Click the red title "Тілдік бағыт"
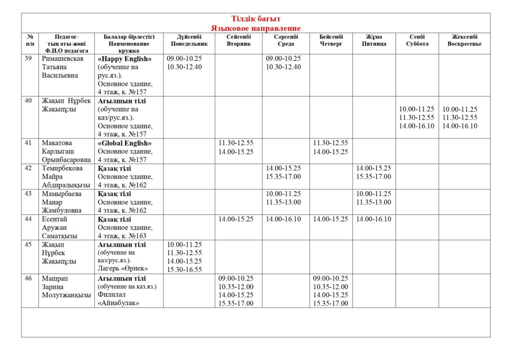pyautogui.click(x=255, y=19)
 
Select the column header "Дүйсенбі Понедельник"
pyautogui.click(x=189, y=40)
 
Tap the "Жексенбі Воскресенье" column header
pyautogui.click(x=464, y=40)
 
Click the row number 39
pyautogui.click(x=29, y=58)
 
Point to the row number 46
pyautogui.click(x=29, y=278)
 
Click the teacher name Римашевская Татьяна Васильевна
pyautogui.click(x=63, y=67)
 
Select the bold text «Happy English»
pyautogui.click(x=124, y=58)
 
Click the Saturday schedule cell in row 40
pyautogui.click(x=417, y=117)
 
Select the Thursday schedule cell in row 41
pyautogui.click(x=330, y=147)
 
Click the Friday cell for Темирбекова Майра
pyautogui.click(x=374, y=173)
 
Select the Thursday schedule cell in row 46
pyautogui.click(x=330, y=291)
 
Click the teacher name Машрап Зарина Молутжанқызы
pyautogui.click(x=66, y=287)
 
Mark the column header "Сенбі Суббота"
pyautogui.click(x=417, y=40)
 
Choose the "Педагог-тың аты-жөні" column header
pyautogui.click(x=66, y=43)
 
